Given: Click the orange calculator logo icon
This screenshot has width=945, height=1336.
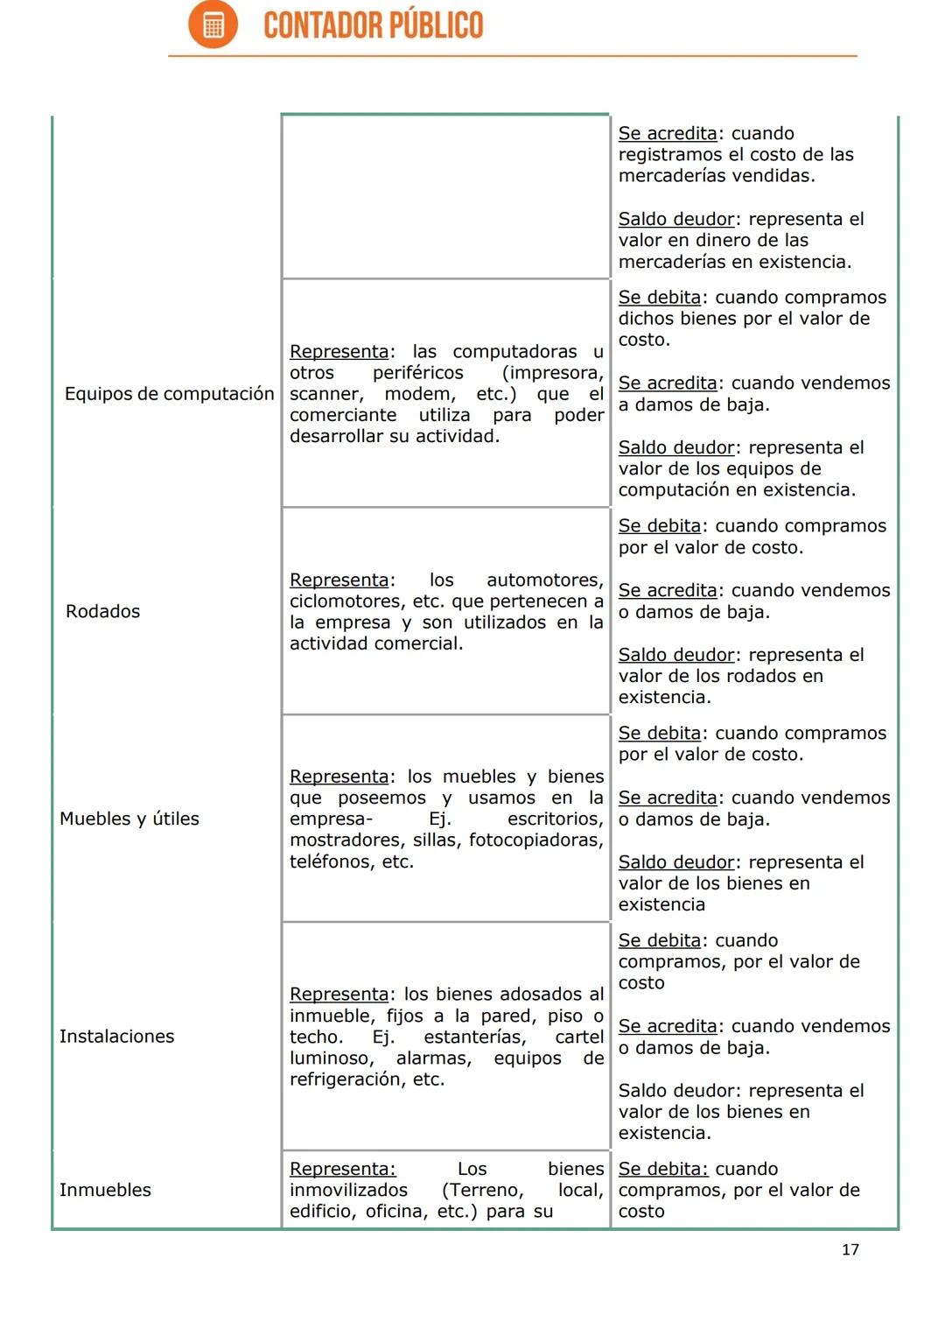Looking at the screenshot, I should point(213,25).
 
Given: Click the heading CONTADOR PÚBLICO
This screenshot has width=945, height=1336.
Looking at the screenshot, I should point(373,25).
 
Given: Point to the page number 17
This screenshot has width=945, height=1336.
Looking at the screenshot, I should point(850,1249).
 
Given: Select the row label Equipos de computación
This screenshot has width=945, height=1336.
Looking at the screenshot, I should point(169,394).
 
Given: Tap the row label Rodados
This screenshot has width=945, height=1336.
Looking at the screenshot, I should point(102,611).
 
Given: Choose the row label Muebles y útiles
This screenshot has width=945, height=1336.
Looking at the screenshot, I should point(129,819).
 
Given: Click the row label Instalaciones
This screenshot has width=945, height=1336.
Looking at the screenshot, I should point(116,1037).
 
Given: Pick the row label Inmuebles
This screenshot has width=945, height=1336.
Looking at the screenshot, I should point(105,1190).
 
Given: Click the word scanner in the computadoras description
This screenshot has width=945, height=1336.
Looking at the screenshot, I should point(325,394).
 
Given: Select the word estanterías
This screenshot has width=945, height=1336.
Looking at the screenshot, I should point(474,1037).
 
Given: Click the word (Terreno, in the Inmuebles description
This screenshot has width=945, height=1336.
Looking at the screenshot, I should point(483,1191).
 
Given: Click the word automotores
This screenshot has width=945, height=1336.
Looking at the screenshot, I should point(544,580).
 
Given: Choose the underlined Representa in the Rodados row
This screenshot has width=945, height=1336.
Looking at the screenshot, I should point(339,580).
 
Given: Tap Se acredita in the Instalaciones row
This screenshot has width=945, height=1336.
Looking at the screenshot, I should point(668,1026).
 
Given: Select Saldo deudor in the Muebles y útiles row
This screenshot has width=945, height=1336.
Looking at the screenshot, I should point(676,862).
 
